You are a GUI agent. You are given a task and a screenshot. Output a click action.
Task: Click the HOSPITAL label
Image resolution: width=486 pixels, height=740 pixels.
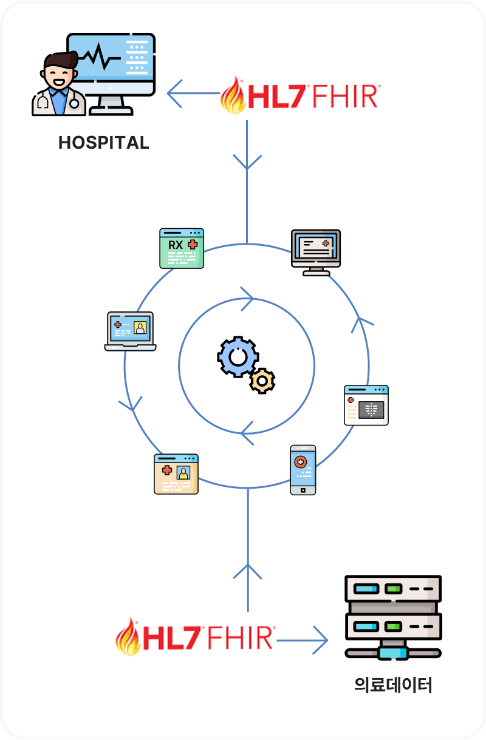tap(103, 143)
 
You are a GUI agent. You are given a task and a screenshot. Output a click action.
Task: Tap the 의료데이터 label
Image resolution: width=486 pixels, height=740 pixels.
tap(393, 685)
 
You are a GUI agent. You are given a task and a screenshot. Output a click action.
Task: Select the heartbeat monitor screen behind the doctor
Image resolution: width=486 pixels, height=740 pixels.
tap(111, 64)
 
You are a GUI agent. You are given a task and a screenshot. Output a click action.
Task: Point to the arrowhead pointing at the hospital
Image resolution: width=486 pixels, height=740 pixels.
tap(174, 93)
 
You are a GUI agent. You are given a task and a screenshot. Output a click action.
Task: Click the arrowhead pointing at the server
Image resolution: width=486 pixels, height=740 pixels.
tap(320, 640)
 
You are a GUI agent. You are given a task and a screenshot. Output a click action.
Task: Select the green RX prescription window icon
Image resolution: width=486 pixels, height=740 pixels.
tap(182, 248)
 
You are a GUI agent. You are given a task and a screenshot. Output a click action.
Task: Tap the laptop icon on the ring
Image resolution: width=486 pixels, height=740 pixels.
tap(130, 331)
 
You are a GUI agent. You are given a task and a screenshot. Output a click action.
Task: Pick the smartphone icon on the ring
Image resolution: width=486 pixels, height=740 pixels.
tap(303, 470)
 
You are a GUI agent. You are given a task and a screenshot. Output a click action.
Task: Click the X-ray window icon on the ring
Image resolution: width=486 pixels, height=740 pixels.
tap(366, 405)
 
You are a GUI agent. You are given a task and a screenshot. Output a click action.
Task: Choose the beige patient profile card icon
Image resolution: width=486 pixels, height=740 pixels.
tap(176, 474)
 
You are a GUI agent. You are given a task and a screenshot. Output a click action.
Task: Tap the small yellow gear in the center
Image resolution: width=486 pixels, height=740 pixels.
tap(262, 381)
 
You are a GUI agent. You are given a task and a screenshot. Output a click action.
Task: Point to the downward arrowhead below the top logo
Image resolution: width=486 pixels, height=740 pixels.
tap(247, 163)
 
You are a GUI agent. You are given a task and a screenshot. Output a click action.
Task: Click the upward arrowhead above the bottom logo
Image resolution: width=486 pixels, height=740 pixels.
tap(247, 571)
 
